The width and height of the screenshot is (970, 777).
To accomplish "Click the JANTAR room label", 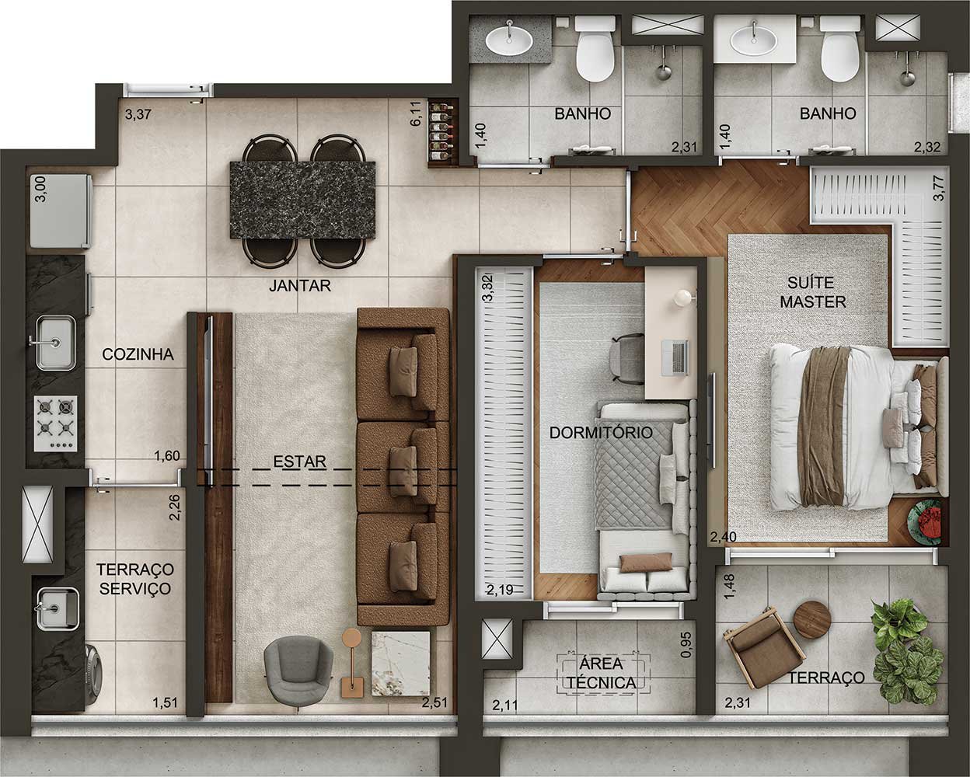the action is click(300, 285).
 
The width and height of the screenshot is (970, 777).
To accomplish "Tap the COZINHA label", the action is click(138, 354).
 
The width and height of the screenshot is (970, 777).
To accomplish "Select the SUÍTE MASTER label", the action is click(813, 292).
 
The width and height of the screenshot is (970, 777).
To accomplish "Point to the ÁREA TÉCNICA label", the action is click(602, 673).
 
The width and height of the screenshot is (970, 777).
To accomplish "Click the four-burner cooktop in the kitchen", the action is click(57, 423).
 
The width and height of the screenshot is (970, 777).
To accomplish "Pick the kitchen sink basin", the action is click(56, 342).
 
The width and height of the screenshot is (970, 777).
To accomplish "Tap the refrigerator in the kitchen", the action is click(61, 211).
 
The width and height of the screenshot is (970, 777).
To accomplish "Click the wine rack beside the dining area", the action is click(442, 133).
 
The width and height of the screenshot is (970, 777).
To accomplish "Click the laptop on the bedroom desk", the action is click(675, 358).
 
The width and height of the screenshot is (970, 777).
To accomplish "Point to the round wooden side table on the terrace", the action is click(811, 620).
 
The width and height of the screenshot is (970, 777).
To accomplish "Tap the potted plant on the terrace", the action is click(907, 652).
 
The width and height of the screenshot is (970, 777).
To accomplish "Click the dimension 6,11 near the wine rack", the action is click(416, 113).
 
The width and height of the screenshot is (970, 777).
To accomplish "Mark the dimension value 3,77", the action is click(938, 188).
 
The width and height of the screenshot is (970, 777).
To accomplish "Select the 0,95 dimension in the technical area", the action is click(686, 644).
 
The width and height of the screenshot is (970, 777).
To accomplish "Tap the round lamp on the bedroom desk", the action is click(683, 297).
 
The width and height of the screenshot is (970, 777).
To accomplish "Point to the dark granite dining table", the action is click(302, 200).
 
